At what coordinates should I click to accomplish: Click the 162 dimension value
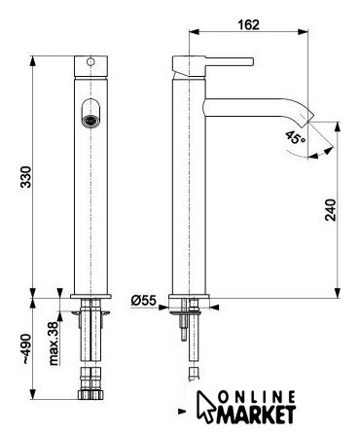249,24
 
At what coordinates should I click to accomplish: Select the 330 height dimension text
26,177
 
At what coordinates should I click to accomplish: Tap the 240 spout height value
331,210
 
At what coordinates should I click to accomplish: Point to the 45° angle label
295,138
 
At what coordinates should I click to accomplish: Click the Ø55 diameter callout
144,301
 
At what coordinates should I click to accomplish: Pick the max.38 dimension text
54,343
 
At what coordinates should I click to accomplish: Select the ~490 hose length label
26,348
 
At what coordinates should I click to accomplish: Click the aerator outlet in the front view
90,121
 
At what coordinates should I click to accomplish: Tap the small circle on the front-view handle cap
90,61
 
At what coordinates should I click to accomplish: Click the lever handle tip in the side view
251,61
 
